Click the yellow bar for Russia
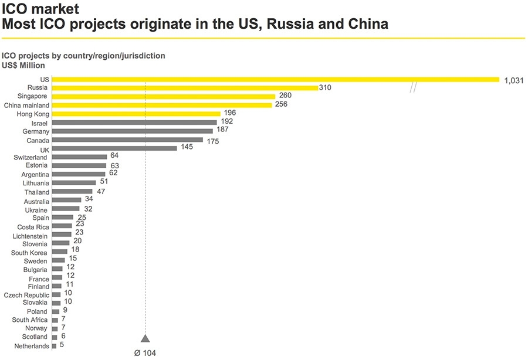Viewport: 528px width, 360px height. [185, 87]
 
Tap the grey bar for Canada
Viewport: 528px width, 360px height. [127, 140]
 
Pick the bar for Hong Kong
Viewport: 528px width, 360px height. [136, 114]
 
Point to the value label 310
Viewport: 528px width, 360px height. [326, 87]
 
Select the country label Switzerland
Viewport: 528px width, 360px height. [31, 158]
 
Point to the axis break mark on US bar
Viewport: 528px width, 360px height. [413, 88]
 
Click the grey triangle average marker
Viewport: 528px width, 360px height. [145, 338]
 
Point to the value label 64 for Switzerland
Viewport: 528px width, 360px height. [114, 157]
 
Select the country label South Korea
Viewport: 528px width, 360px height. [30, 253]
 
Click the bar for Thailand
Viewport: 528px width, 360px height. [72, 192]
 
